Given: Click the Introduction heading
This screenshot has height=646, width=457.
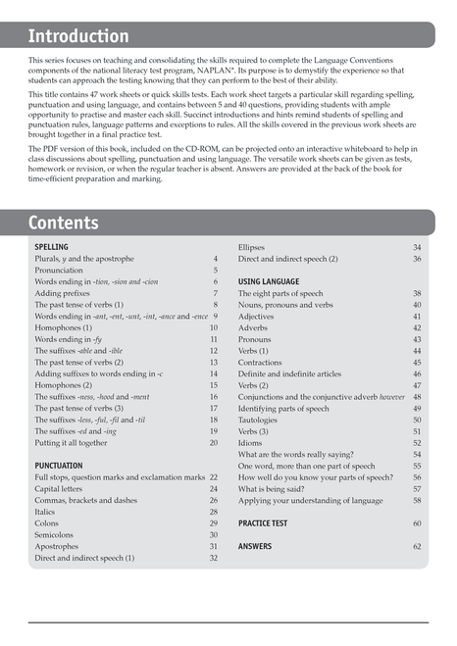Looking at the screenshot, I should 78,36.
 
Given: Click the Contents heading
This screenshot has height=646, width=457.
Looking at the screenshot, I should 63,223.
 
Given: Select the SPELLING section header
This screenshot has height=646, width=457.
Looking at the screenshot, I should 51,248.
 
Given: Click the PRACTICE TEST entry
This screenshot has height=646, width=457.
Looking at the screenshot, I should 263,523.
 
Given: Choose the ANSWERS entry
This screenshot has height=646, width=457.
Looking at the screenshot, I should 255,546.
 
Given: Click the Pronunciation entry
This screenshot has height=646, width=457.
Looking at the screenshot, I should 59,271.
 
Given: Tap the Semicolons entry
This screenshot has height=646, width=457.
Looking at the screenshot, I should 56,534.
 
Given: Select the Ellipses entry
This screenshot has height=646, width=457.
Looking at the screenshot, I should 254,248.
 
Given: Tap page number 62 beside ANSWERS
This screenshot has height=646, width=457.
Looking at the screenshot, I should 417,546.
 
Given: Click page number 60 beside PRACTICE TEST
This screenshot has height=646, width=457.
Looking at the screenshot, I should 417,523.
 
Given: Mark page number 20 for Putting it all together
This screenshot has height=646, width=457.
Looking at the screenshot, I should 213,443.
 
